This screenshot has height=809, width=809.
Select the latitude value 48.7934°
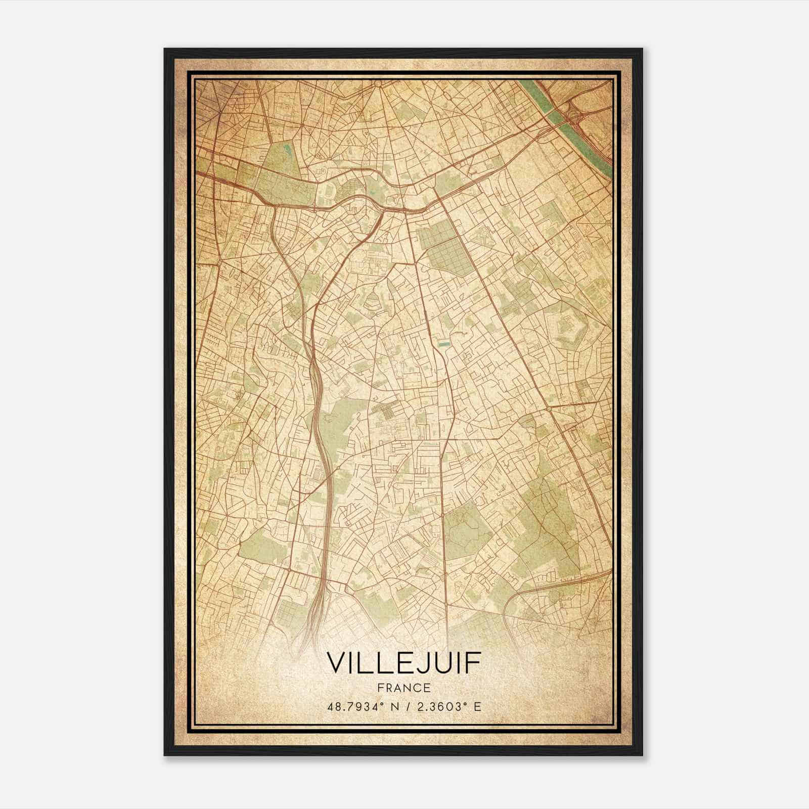pos(355,706)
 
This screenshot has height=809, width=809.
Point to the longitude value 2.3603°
pos(439,706)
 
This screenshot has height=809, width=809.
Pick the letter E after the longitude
pos(477,706)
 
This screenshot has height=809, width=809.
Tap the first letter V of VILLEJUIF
pos(336,664)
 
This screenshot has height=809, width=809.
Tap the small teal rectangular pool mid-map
pos(444,344)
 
